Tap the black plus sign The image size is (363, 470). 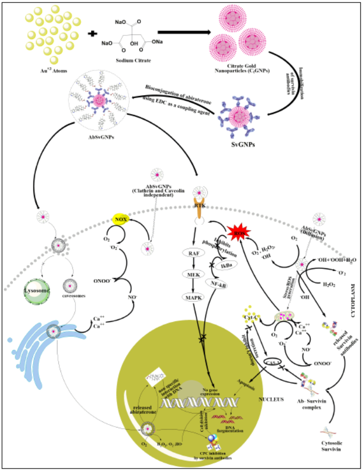[x=92, y=34]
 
